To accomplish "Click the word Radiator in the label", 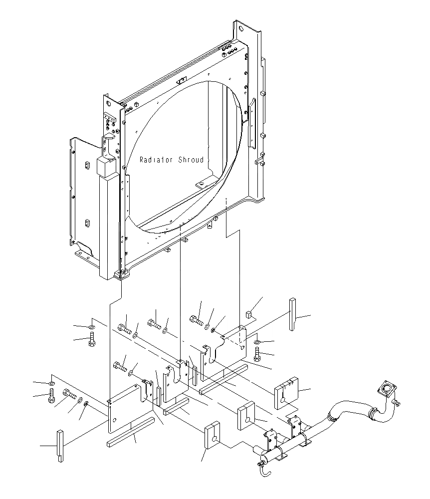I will click(x=156, y=160).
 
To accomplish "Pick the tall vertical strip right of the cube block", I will click(x=292, y=314).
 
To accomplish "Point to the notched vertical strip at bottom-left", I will click(x=59, y=446).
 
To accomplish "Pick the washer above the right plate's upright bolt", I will click(x=256, y=342).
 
